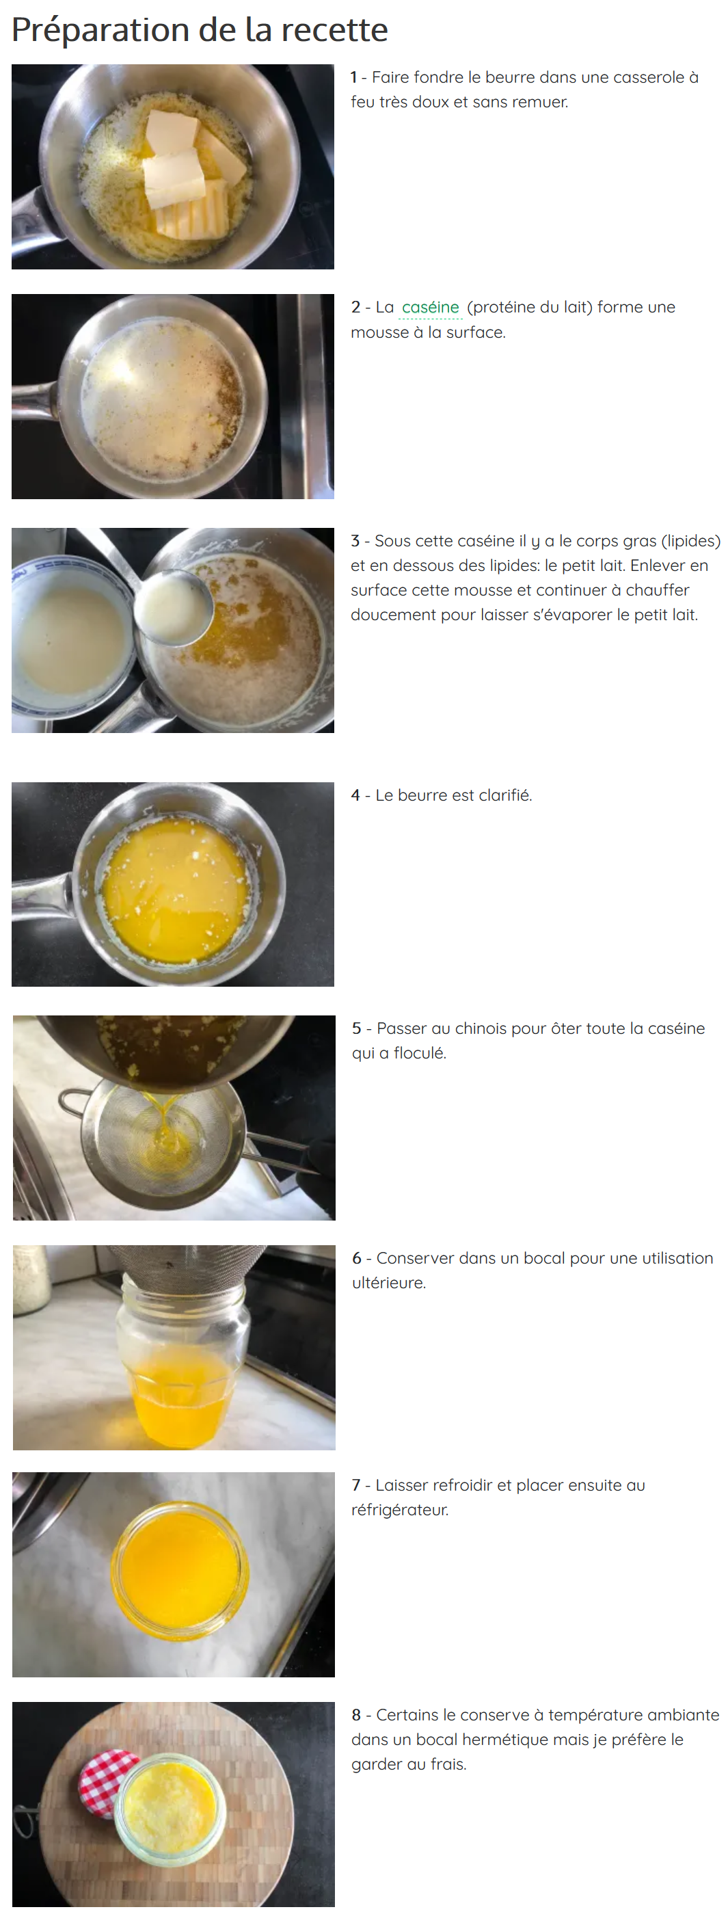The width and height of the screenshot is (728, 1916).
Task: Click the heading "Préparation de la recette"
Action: (200, 30)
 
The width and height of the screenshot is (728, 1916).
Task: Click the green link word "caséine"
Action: (431, 307)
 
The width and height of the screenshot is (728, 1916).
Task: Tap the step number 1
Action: (354, 77)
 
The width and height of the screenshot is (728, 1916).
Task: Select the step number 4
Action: (355, 795)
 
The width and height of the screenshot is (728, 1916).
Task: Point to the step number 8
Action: (356, 1714)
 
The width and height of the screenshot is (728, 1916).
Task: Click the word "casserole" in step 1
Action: (645, 77)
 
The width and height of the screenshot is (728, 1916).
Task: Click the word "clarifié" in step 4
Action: (506, 795)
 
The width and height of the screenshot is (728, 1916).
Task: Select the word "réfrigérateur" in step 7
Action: (400, 1509)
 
